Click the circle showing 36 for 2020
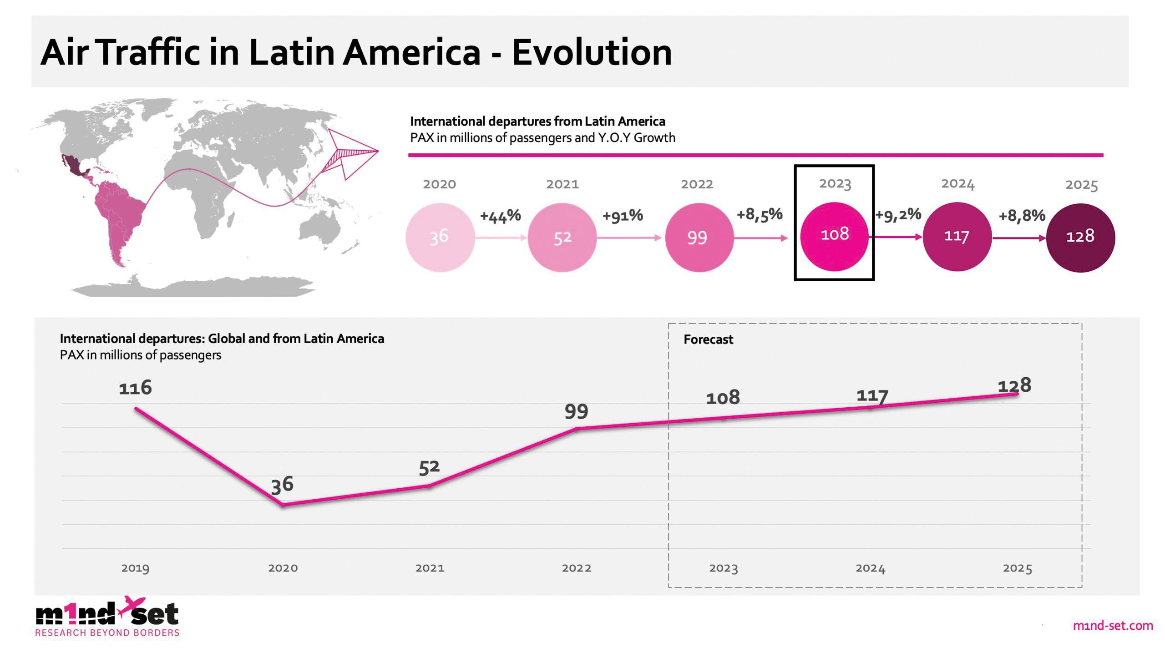point(440,237)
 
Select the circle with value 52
point(562,237)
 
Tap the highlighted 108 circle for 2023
point(834,235)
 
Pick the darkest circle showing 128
point(1080,237)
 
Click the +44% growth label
point(500,216)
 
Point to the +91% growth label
point(623,215)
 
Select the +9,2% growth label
point(898,214)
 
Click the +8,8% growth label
point(1022,215)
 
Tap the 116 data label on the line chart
point(135,388)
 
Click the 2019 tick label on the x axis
point(135,568)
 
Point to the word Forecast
point(708,339)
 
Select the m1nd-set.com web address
point(1113,626)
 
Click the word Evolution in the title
point(592,52)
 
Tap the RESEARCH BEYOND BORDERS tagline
point(107,633)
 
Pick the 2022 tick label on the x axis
point(577,568)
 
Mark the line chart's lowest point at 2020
point(283,504)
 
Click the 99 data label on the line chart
point(576,412)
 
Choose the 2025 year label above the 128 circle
point(1081,185)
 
